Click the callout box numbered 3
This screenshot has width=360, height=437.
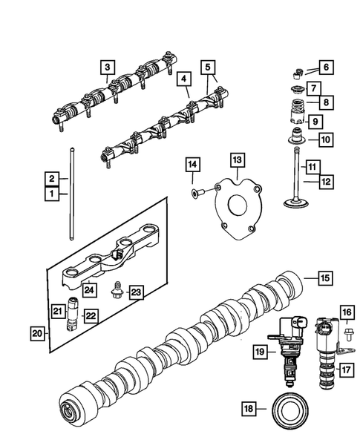point(108,69)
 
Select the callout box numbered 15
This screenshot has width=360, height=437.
point(324,278)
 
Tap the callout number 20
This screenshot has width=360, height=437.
point(36,333)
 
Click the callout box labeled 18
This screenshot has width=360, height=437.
point(249,407)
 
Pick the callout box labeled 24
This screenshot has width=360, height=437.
point(89,289)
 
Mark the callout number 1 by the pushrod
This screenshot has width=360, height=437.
point(52,194)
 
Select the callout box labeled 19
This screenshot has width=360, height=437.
point(258,352)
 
